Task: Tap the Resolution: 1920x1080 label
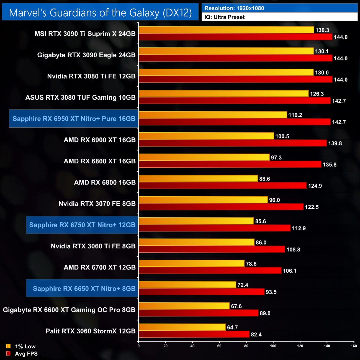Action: coord(234,8)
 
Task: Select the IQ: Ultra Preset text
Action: coord(225,17)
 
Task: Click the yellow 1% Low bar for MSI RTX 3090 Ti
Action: coord(226,30)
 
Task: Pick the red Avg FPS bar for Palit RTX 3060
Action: coord(194,335)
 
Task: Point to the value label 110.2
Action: coord(295,115)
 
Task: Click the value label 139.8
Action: coord(335,143)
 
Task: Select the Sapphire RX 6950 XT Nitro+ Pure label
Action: coord(74,119)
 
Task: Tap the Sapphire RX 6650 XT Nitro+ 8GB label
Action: coord(84,289)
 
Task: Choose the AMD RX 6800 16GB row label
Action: coord(105,182)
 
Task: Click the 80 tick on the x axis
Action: coord(246,346)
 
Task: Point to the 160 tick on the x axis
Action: coord(354,346)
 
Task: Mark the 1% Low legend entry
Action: coord(25,346)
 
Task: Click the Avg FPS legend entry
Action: coord(26,354)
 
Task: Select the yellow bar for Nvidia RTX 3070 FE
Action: coord(203,200)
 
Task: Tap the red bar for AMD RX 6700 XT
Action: coord(210,271)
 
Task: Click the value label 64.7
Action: coord(232,328)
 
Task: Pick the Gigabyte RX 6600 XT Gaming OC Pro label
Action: coord(69,310)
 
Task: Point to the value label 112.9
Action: coord(299,228)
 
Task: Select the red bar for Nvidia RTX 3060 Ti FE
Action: coord(212,250)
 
